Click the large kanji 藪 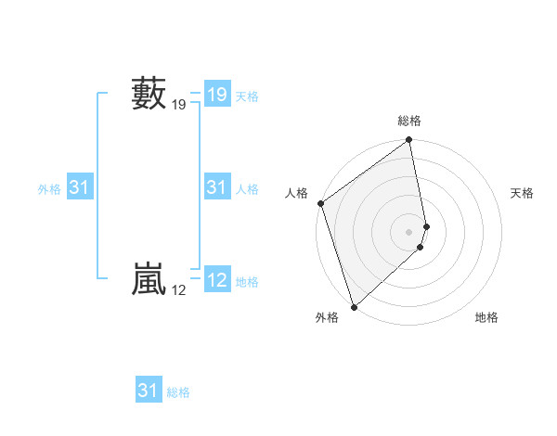tap(149, 95)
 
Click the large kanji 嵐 tap(149, 280)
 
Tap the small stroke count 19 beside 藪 tap(178, 106)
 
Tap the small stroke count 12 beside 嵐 tap(178, 290)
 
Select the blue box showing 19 tap(216, 95)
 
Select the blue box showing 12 tap(216, 280)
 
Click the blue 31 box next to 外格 tap(79, 188)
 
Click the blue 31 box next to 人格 tap(216, 188)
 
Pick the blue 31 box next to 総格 tap(149, 391)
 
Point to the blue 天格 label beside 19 tap(247, 96)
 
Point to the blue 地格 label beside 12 tap(247, 282)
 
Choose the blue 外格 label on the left tap(49, 189)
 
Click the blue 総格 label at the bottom tap(178, 392)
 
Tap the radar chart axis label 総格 tap(409, 121)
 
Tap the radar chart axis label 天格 tap(523, 193)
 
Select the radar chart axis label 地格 tap(486, 317)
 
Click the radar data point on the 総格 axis tap(409, 141)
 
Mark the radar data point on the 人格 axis tap(320, 203)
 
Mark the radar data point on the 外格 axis tap(354, 306)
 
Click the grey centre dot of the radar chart tap(409, 232)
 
